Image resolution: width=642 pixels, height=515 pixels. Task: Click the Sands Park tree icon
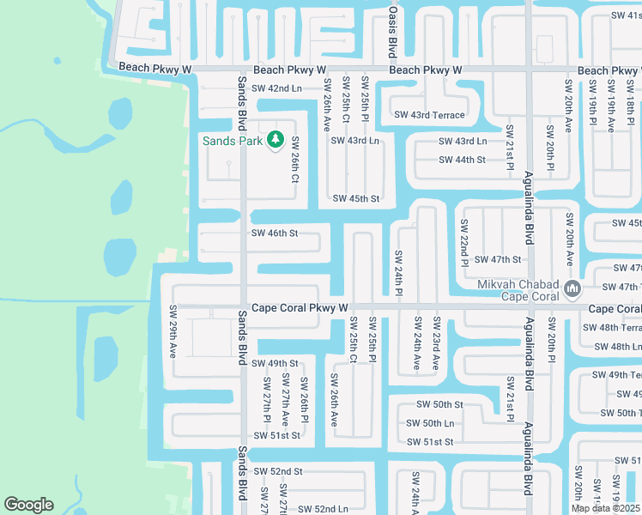pos(275,139)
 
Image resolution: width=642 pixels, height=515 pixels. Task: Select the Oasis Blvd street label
pos(392,30)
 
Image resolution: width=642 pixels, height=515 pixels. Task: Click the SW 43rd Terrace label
pos(429,115)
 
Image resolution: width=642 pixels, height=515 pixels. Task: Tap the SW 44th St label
pos(462,160)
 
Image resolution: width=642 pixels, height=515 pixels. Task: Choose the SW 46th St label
pos(275,233)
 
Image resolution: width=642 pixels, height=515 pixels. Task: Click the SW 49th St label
pos(275,363)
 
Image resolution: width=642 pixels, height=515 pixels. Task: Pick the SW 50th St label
pos(439,404)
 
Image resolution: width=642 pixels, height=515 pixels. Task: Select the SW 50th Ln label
pos(430,423)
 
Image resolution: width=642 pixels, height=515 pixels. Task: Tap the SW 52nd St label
pos(277,471)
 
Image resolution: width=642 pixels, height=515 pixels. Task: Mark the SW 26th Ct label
pos(294,161)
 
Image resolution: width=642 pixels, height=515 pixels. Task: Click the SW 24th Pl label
pos(398,272)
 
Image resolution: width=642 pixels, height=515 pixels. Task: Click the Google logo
pos(28,505)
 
